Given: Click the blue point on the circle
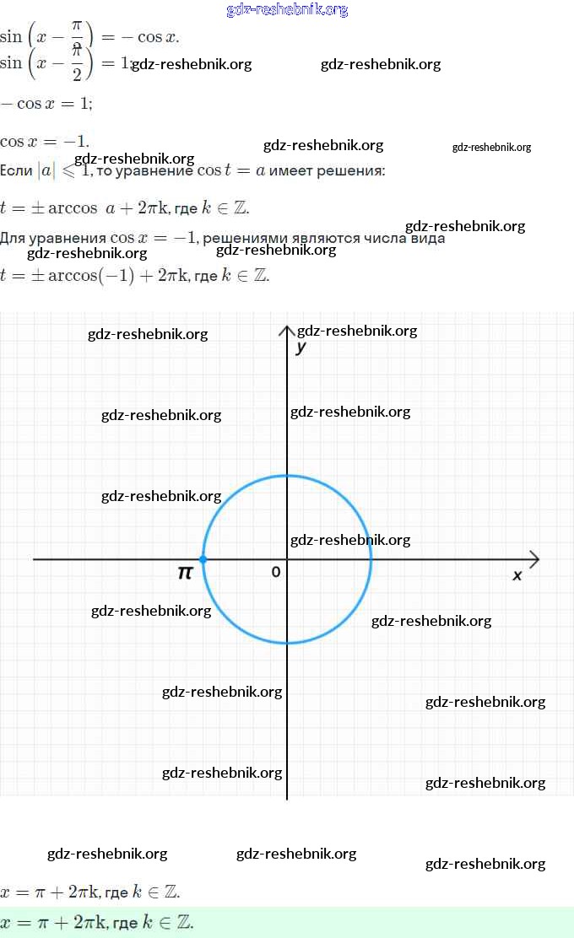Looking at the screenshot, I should [203, 559].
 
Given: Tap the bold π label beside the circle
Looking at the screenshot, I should [185, 573].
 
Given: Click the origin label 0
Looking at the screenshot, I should [276, 572].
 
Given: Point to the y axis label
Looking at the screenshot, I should [301, 347].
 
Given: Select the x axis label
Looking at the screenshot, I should [517, 574].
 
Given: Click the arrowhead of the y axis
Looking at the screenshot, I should [287, 329].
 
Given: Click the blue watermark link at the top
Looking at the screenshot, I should [287, 10].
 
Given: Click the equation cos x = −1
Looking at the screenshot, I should [45, 141].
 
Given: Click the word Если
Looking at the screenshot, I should [16, 170].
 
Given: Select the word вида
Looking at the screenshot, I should [426, 238].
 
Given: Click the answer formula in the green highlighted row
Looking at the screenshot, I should [97, 922].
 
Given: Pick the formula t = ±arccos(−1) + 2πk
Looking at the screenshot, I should [135, 275].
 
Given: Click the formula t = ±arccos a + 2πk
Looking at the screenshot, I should [125, 208].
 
